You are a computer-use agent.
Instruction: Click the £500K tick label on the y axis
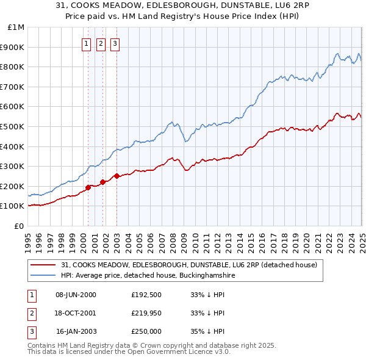12,126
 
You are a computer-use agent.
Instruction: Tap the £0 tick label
19,226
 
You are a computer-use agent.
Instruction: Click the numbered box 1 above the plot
87,43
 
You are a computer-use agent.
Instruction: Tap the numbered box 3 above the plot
116,43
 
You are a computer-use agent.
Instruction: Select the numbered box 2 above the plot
101,43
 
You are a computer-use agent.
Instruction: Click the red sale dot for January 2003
117,176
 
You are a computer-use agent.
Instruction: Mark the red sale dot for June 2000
88,187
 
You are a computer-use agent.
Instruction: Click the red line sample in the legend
43,265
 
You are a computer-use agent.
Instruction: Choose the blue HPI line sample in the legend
43,276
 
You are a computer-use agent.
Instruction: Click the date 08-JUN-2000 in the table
76,295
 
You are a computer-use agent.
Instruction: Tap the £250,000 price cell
146,331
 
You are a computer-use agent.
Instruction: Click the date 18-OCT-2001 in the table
76,313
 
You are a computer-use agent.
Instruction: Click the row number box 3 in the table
31,331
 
